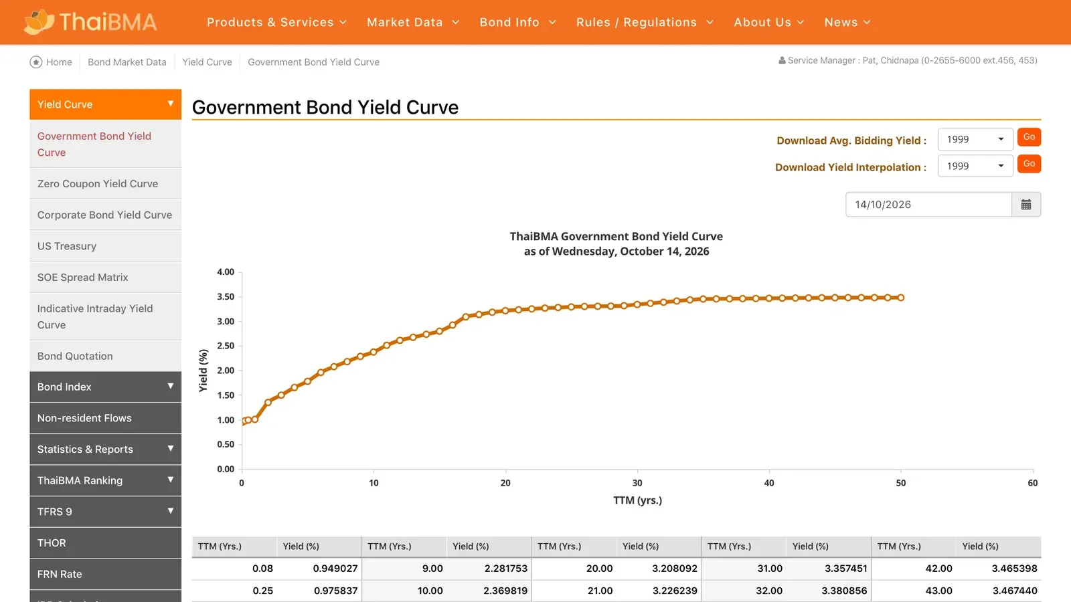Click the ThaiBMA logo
[90, 22]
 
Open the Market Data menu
[413, 22]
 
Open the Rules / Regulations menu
[645, 22]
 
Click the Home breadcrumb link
[51, 62]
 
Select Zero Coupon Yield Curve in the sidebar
[98, 183]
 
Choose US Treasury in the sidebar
[67, 246]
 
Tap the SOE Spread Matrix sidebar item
[83, 277]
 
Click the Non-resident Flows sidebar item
[84, 418]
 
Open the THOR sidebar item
[52, 542]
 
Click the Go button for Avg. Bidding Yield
[1029, 137]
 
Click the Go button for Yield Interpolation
[1029, 164]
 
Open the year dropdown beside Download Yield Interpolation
[975, 166]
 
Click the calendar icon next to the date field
[1026, 205]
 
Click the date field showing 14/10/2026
[928, 205]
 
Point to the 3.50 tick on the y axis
[226, 297]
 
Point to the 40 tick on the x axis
[769, 483]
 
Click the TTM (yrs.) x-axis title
[637, 500]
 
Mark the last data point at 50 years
[901, 298]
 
